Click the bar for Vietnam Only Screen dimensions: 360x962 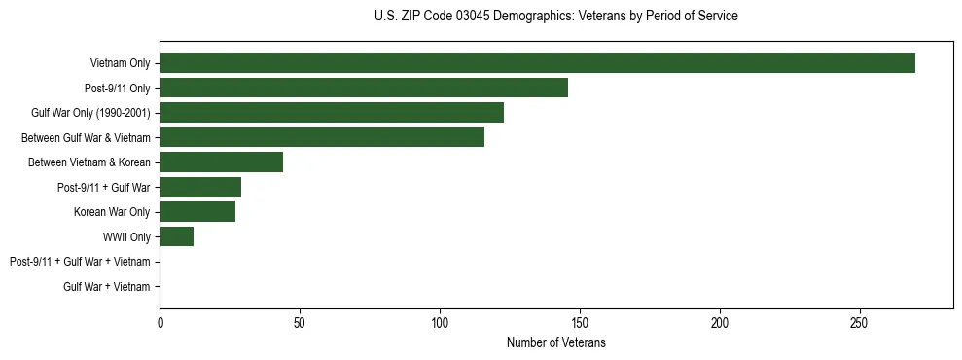coord(537,63)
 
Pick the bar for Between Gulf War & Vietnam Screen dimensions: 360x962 coord(322,137)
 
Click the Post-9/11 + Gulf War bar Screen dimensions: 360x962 coord(200,187)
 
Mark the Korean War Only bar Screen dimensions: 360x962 coord(197,212)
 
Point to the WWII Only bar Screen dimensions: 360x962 coord(176,236)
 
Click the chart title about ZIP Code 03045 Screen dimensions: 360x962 coord(555,17)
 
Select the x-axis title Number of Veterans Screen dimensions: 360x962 coord(555,343)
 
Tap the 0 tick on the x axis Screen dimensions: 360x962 coord(160,323)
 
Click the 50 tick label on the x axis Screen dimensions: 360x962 coord(300,323)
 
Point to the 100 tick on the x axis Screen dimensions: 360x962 coord(440,323)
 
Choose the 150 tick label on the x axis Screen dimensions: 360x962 coord(580,323)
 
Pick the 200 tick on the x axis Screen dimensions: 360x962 coord(720,323)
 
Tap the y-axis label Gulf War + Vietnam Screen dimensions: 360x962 coord(106,286)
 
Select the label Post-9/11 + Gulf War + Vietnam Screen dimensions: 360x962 coord(80,262)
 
